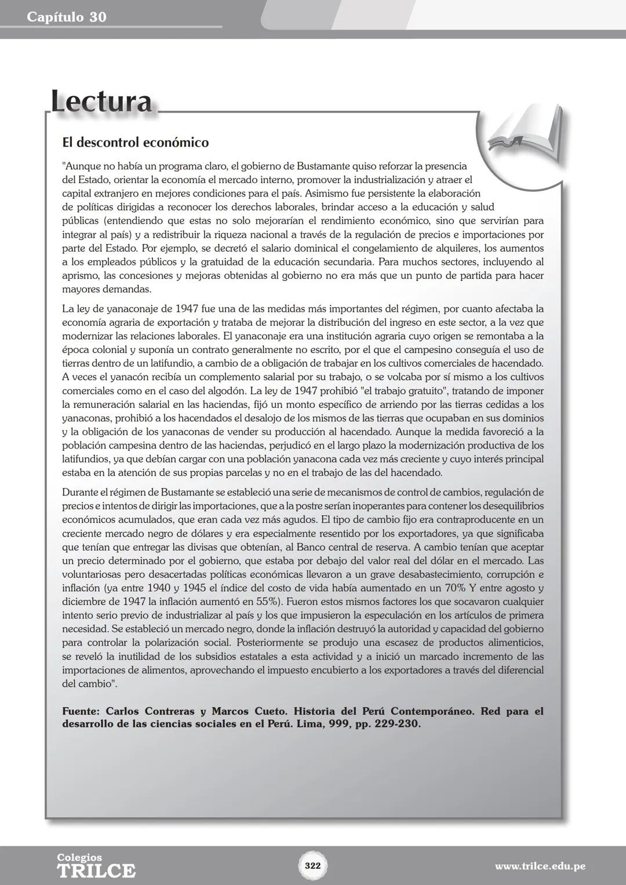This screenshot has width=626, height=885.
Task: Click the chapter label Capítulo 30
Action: point(67,17)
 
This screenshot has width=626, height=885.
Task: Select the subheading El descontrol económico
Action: point(135,143)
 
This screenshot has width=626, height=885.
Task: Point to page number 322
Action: point(313,865)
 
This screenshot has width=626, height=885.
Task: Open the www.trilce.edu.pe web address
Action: point(540,866)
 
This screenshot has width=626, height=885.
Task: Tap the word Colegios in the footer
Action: point(79,857)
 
